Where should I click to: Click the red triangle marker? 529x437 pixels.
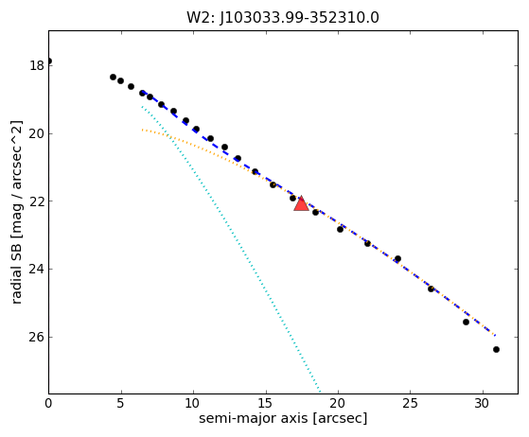coord(301,203)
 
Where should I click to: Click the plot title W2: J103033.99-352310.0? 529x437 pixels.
coord(283,18)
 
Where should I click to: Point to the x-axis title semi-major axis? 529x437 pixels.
coord(283,418)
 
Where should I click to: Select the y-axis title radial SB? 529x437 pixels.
coord(16,212)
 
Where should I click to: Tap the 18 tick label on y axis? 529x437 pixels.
coord(37,65)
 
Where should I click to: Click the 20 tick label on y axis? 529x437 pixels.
coord(37,133)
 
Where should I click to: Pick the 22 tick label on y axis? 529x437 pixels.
coord(37,201)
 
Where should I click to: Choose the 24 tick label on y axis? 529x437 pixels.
coord(37,269)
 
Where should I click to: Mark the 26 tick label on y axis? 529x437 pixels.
coord(37,337)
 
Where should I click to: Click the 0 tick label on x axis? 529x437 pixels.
coord(48,403)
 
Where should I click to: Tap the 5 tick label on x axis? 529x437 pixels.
coord(121,403)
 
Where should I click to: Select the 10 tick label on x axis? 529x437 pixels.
coord(193,403)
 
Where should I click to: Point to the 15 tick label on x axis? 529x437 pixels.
coord(266,403)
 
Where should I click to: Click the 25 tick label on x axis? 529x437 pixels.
coord(411,403)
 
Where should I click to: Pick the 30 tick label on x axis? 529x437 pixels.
coord(483,403)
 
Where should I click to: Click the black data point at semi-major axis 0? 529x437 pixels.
coord(49,61)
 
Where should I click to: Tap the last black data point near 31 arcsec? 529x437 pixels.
coord(496,349)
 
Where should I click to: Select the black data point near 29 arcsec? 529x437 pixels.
coord(466,322)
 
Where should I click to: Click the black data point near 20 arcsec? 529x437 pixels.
coord(340,229)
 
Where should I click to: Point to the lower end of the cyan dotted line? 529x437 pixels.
coord(320,392)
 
